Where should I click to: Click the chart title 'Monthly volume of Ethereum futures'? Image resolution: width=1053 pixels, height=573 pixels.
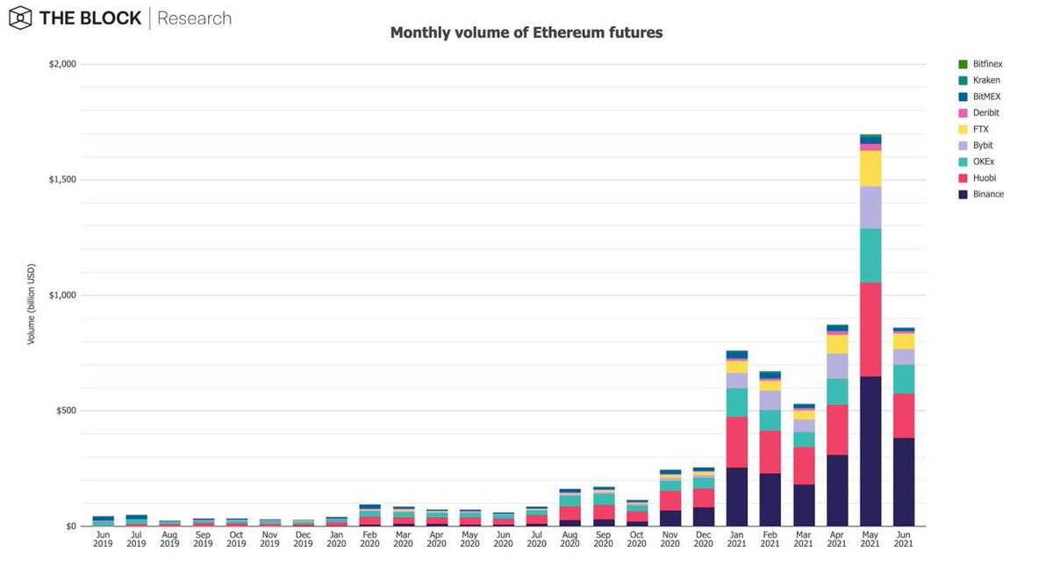click(x=526, y=32)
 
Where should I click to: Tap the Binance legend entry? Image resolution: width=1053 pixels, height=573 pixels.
click(x=987, y=194)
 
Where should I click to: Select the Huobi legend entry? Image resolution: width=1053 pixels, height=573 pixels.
click(x=984, y=178)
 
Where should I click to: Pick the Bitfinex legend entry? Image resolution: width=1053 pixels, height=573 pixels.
click(x=987, y=64)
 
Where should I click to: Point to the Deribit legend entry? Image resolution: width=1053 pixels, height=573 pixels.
click(x=985, y=113)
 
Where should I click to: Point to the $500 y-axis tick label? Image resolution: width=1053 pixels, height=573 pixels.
click(x=65, y=411)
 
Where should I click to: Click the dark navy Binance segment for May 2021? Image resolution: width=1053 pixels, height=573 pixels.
click(x=870, y=451)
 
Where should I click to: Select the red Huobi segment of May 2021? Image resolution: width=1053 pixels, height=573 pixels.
click(x=870, y=329)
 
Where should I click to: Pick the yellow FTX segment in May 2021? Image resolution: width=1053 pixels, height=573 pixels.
click(x=870, y=168)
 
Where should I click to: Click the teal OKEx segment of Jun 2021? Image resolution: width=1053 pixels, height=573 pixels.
click(x=904, y=379)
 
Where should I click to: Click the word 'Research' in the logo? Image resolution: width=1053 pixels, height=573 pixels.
click(x=194, y=18)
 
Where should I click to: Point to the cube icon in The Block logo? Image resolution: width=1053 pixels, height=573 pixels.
click(x=19, y=18)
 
